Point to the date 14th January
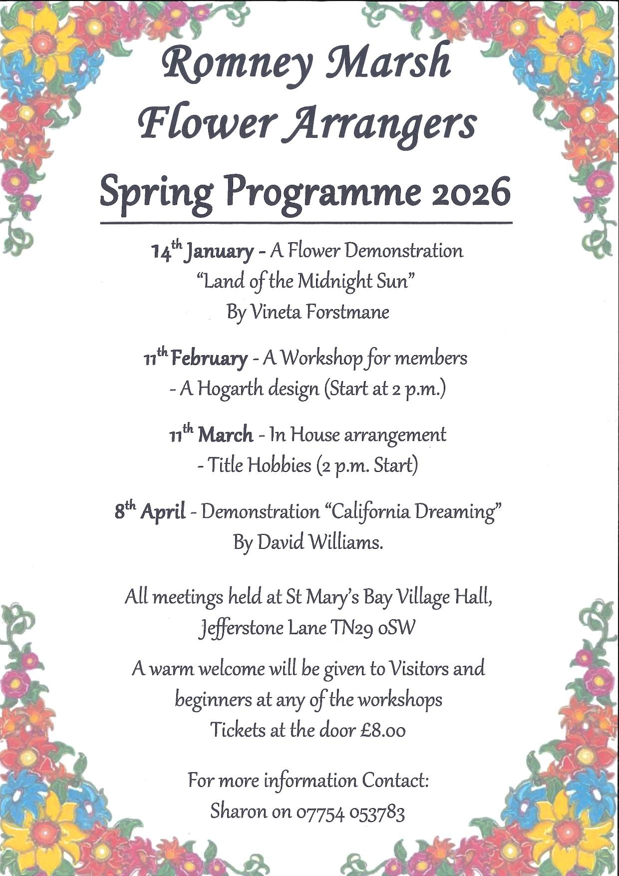click(202, 250)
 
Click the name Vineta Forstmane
click(319, 312)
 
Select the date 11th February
click(195, 358)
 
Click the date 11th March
click(211, 435)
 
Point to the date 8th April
click(150, 511)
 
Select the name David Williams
click(320, 542)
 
